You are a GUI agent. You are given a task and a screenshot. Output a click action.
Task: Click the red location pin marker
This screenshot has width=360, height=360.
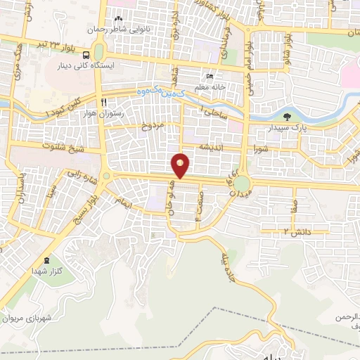(181, 165)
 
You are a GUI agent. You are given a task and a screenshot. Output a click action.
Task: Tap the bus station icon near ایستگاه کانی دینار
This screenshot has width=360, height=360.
(86, 55)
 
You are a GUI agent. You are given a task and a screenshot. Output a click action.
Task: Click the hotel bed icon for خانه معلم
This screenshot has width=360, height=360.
(210, 77)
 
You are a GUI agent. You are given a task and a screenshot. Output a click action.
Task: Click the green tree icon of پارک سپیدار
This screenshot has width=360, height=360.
(285, 117)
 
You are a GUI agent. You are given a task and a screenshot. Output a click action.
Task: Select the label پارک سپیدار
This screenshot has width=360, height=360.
(285, 129)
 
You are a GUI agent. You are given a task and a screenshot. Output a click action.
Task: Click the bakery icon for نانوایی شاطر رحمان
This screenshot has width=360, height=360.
(118, 18)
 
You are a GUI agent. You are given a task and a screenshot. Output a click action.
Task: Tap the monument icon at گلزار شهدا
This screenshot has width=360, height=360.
(47, 260)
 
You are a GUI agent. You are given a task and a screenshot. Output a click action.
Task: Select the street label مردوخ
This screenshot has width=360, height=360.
(151, 127)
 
